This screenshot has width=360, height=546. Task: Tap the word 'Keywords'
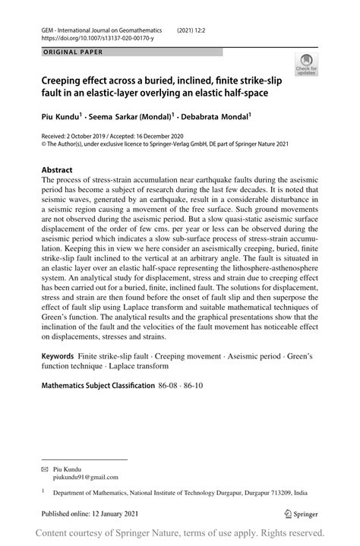[57, 356]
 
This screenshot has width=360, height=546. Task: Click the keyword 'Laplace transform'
[122, 366]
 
